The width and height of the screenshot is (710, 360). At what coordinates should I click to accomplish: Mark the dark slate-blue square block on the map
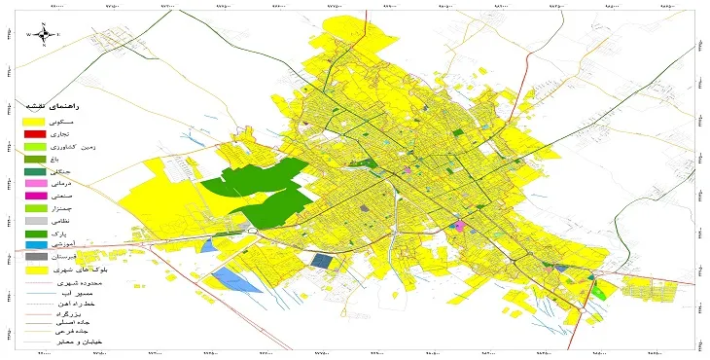[x=320, y=260]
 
